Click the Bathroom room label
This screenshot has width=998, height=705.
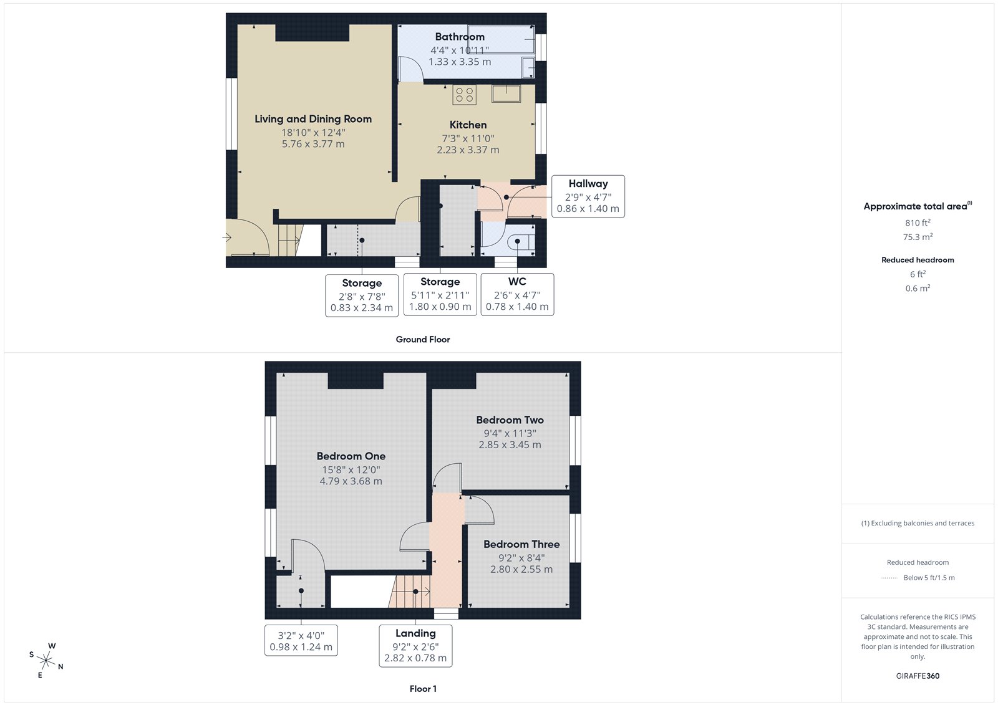tap(460, 37)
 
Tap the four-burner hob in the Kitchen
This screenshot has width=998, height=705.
tap(464, 95)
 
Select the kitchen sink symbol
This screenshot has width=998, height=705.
tap(506, 94)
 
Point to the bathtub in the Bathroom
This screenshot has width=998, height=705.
tap(501, 39)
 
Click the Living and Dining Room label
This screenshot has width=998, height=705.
tap(313, 119)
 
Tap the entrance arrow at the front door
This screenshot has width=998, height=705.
tap(227, 237)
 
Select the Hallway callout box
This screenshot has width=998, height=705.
tap(588, 196)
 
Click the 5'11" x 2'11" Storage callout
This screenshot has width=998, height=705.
tap(440, 294)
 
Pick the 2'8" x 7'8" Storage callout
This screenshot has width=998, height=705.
tap(362, 295)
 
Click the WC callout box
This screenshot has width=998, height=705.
tap(517, 294)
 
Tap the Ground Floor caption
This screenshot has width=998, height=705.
tap(422, 340)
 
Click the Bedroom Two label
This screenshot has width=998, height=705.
tap(510, 420)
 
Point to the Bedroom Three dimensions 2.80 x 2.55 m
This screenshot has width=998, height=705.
tap(521, 569)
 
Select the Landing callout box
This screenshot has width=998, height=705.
tap(415, 646)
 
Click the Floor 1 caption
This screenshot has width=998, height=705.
tap(423, 689)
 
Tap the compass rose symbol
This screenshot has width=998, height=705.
tap(46, 660)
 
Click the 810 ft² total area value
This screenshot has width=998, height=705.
tap(918, 223)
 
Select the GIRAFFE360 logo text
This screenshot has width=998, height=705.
tap(918, 676)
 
